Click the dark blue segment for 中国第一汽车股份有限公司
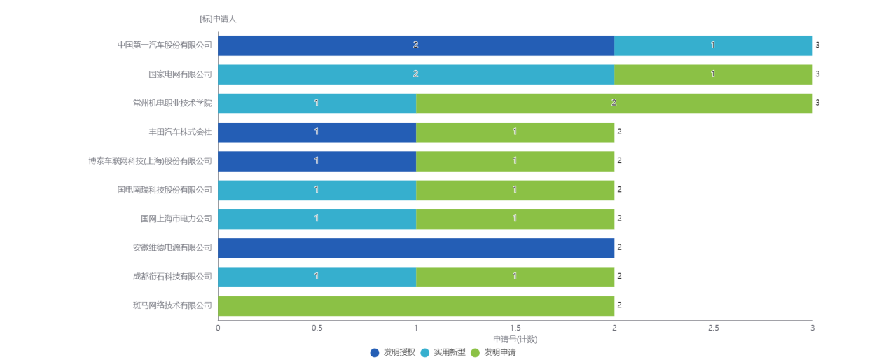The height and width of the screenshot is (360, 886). (x=416, y=46)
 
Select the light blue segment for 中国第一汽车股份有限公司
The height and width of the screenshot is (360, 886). (x=713, y=46)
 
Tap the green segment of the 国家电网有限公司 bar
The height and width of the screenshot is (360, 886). (x=713, y=74)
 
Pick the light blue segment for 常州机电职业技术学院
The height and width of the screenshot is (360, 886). (x=317, y=103)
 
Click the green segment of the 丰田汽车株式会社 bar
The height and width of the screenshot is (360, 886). (x=515, y=132)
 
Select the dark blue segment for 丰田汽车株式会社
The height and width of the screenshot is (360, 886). (x=317, y=132)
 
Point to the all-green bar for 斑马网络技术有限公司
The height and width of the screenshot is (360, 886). (x=416, y=305)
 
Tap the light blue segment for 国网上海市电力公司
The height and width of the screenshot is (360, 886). (x=317, y=219)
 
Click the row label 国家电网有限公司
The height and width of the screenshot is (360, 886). (x=179, y=74)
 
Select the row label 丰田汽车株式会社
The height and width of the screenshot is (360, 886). (x=179, y=132)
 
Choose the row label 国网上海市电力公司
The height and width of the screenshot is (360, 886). (x=175, y=219)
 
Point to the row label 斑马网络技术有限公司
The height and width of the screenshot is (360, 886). (x=172, y=305)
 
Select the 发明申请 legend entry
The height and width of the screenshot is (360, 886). (x=494, y=352)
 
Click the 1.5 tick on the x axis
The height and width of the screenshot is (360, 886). (x=515, y=328)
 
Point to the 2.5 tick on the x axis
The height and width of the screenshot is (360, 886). (x=713, y=328)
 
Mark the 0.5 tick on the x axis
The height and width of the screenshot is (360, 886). (x=317, y=328)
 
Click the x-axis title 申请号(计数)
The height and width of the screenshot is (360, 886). (x=515, y=339)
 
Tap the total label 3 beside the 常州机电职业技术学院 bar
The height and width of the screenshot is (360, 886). (x=817, y=103)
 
